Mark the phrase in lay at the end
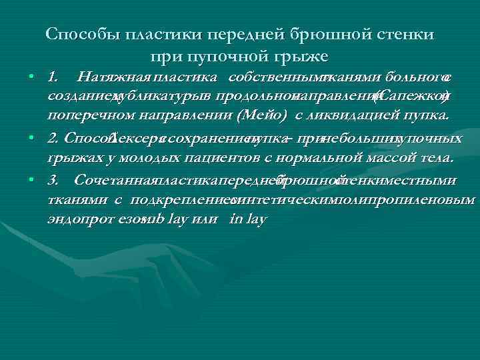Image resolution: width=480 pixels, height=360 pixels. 247,218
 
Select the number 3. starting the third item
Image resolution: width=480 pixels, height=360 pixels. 53,180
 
